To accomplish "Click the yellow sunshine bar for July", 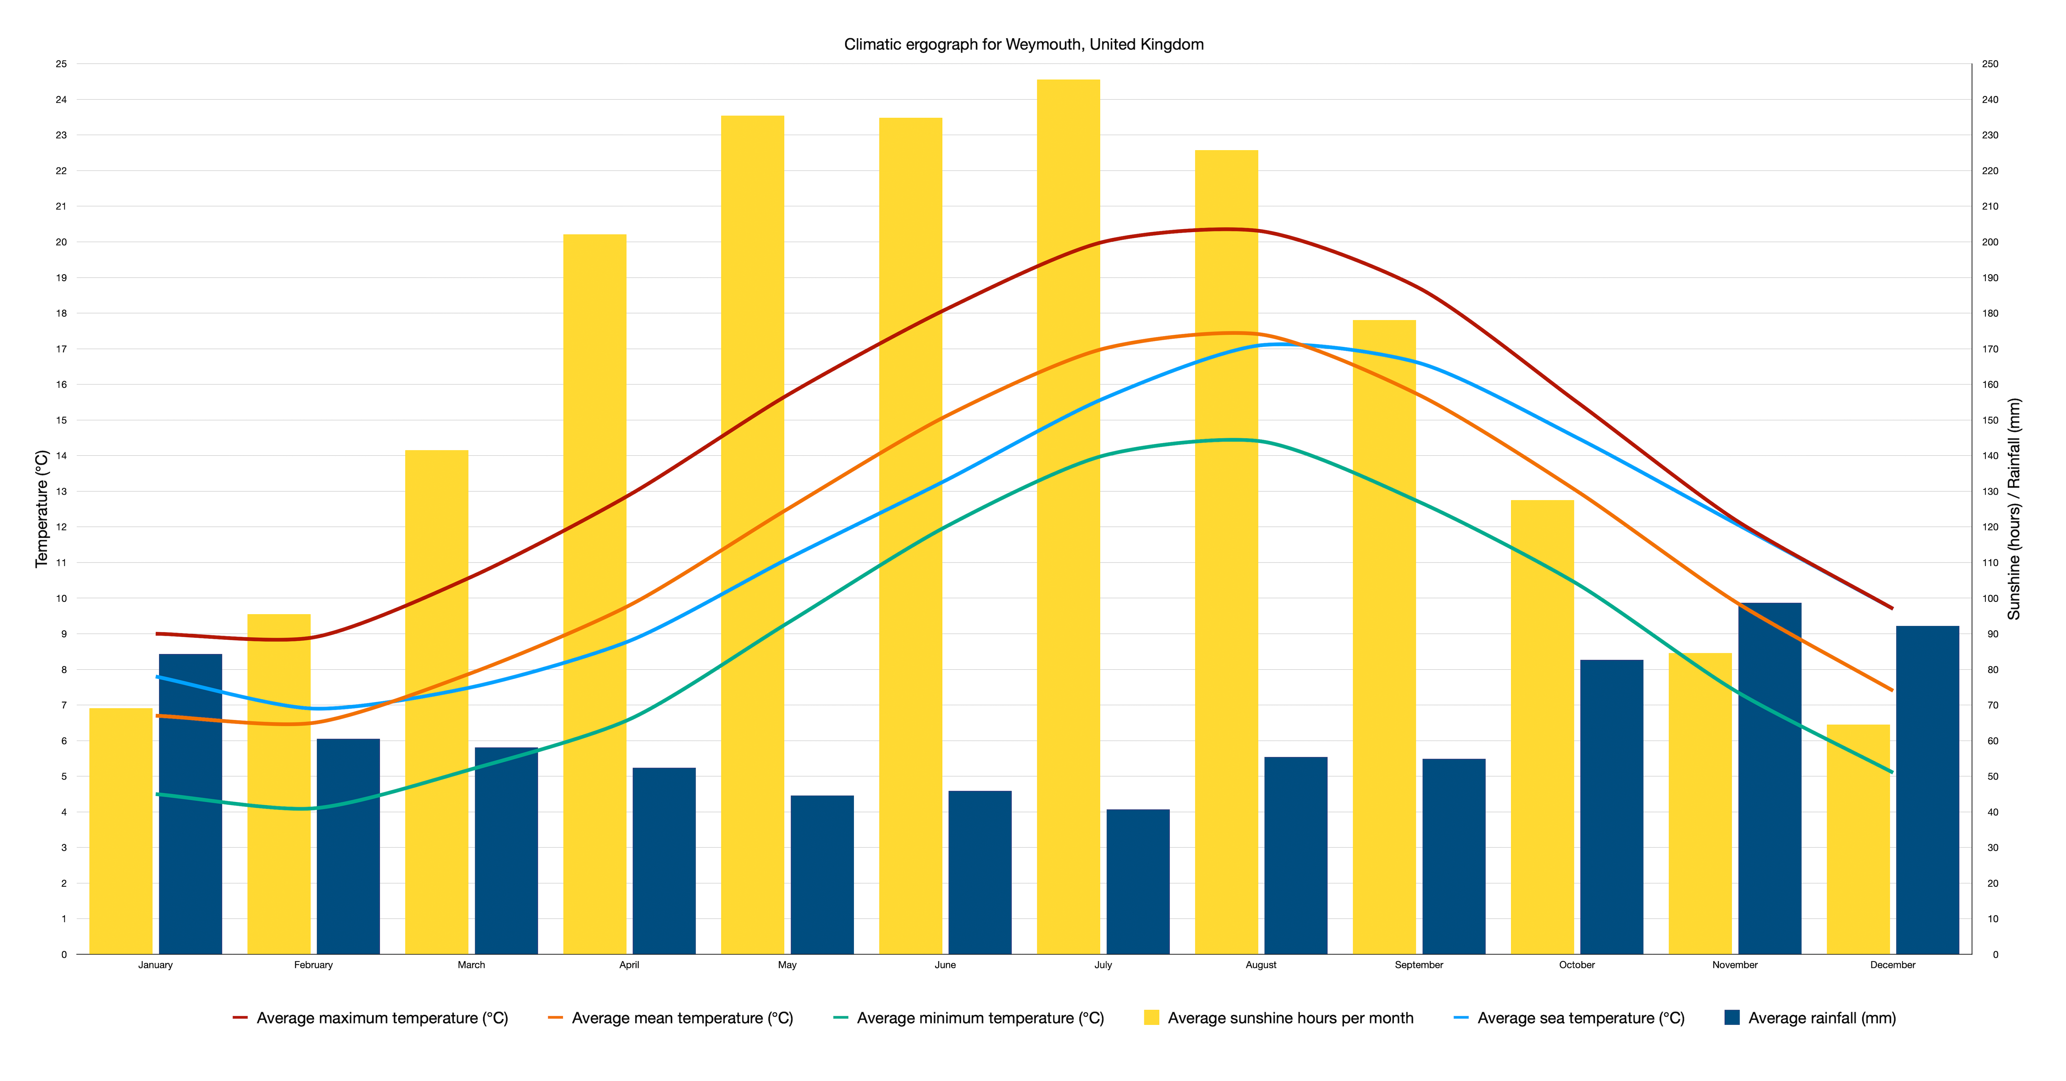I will (x=1068, y=562).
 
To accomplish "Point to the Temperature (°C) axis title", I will (x=42, y=509).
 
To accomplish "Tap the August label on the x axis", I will (x=1261, y=965).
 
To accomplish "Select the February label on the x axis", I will (x=313, y=965).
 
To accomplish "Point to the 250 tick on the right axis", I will (x=1990, y=64).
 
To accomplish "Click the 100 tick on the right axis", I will (x=1990, y=599).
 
